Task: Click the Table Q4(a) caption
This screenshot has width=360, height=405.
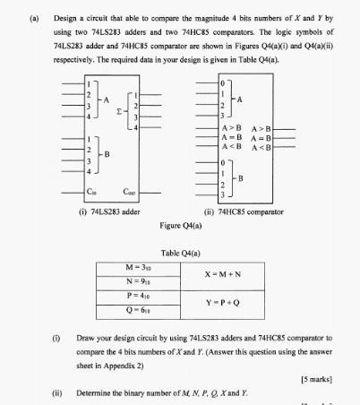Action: coord(180,253)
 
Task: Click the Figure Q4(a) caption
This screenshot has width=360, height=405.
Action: coord(180,225)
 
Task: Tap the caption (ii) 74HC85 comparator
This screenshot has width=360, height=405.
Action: coord(244,211)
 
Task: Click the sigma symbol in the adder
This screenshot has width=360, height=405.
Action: coord(120,112)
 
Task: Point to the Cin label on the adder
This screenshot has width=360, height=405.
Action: coord(90,191)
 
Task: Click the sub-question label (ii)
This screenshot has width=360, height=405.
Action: coord(57,392)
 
